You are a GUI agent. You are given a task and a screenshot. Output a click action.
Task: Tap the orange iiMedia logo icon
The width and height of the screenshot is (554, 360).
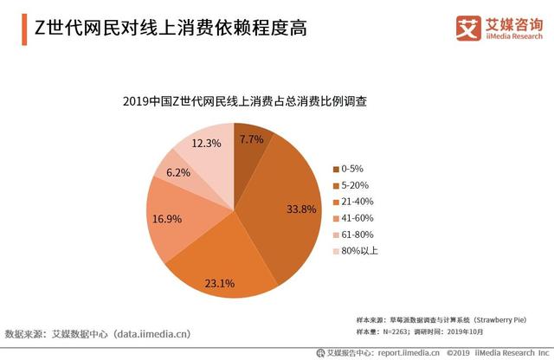click(x=468, y=27)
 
